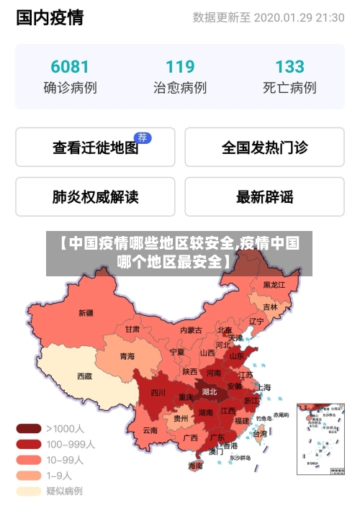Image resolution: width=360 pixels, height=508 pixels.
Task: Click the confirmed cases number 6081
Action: (x=70, y=67)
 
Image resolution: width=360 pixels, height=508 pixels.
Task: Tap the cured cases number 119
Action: (x=180, y=67)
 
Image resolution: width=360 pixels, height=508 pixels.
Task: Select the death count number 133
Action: (x=289, y=67)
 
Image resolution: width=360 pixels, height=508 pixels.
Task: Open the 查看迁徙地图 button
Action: (x=95, y=148)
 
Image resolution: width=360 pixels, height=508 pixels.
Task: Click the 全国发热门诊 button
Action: (x=264, y=148)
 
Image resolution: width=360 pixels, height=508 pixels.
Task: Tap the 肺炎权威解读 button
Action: (x=95, y=196)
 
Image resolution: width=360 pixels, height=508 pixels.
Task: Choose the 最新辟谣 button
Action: (x=264, y=196)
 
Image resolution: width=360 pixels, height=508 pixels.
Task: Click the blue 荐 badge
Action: (x=143, y=137)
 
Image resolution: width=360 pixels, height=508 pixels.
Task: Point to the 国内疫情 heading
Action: (x=50, y=17)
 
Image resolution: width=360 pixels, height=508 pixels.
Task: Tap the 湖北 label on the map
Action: (x=210, y=392)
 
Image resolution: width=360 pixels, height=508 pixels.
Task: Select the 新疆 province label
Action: (x=86, y=313)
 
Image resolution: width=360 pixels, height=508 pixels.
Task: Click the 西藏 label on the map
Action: (x=84, y=376)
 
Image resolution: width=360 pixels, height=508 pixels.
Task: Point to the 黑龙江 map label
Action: (x=274, y=285)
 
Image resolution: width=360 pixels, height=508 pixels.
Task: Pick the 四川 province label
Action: (x=158, y=393)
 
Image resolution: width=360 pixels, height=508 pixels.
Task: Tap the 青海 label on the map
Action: (x=127, y=355)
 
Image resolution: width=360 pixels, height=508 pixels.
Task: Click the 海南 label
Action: (x=195, y=466)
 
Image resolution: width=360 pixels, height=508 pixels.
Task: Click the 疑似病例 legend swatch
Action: (x=29, y=491)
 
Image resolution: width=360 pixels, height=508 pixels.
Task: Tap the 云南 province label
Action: (x=150, y=430)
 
